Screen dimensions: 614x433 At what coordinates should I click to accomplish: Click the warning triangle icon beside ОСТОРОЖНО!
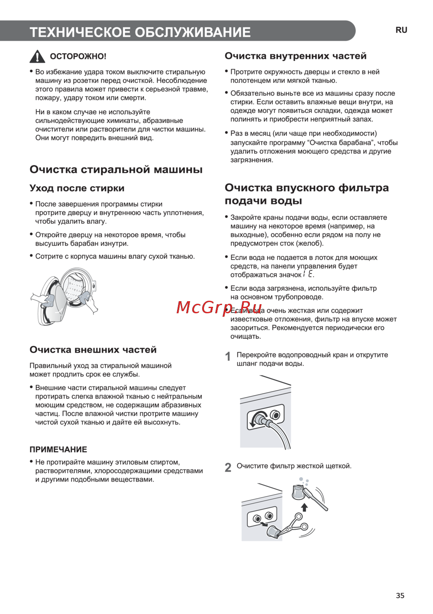[37, 56]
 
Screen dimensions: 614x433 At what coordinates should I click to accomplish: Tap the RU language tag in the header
[401, 30]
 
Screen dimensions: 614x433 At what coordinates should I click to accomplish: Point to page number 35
[400, 595]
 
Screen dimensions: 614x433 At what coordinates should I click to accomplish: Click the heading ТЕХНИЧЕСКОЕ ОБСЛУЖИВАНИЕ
[140, 32]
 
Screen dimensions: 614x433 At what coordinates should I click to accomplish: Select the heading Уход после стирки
[77, 188]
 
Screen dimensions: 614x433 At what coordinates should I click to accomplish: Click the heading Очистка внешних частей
[93, 350]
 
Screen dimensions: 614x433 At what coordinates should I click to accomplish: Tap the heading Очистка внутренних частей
[295, 56]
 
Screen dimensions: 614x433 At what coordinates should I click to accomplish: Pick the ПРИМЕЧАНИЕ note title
[58, 449]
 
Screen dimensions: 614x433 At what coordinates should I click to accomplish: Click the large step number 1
[228, 357]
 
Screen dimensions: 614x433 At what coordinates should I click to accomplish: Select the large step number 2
[228, 467]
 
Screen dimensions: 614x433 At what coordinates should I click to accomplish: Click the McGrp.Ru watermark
[220, 307]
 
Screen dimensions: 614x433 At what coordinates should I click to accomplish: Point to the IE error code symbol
[308, 274]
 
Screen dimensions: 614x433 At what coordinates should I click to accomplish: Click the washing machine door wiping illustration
[65, 296]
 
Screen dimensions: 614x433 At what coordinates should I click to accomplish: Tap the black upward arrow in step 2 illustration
[304, 507]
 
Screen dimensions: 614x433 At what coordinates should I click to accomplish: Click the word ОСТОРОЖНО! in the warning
[78, 56]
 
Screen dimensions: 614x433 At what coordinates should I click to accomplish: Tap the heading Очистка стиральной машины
[116, 170]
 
